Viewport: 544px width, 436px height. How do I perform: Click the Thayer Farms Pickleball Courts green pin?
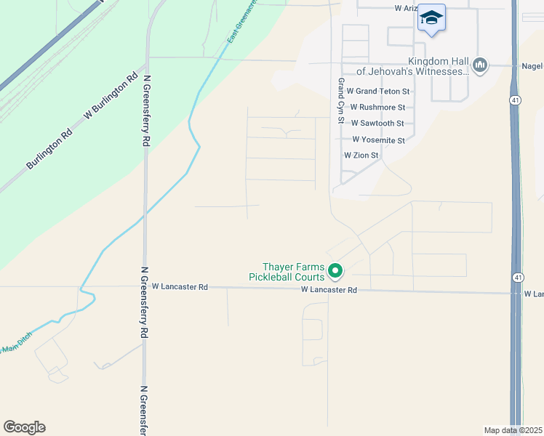coord(335,271)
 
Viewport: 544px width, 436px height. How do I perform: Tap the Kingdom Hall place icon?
coord(479,66)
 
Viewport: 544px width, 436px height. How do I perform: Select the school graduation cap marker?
coord(431,18)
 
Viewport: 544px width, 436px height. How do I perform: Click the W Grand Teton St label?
coord(378,92)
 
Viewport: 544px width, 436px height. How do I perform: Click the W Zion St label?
coord(361,156)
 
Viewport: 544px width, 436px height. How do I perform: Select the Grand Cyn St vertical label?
coord(339,101)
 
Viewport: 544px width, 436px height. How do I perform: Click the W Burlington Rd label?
coord(111,96)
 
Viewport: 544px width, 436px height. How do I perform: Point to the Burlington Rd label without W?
coord(49,150)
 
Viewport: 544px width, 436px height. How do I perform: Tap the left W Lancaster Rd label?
coord(180,287)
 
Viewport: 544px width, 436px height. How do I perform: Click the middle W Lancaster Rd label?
coord(329,290)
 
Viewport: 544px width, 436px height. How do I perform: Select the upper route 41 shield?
coord(514,101)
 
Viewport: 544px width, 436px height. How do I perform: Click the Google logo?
coord(24,427)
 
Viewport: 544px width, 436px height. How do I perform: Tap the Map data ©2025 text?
coord(512,430)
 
